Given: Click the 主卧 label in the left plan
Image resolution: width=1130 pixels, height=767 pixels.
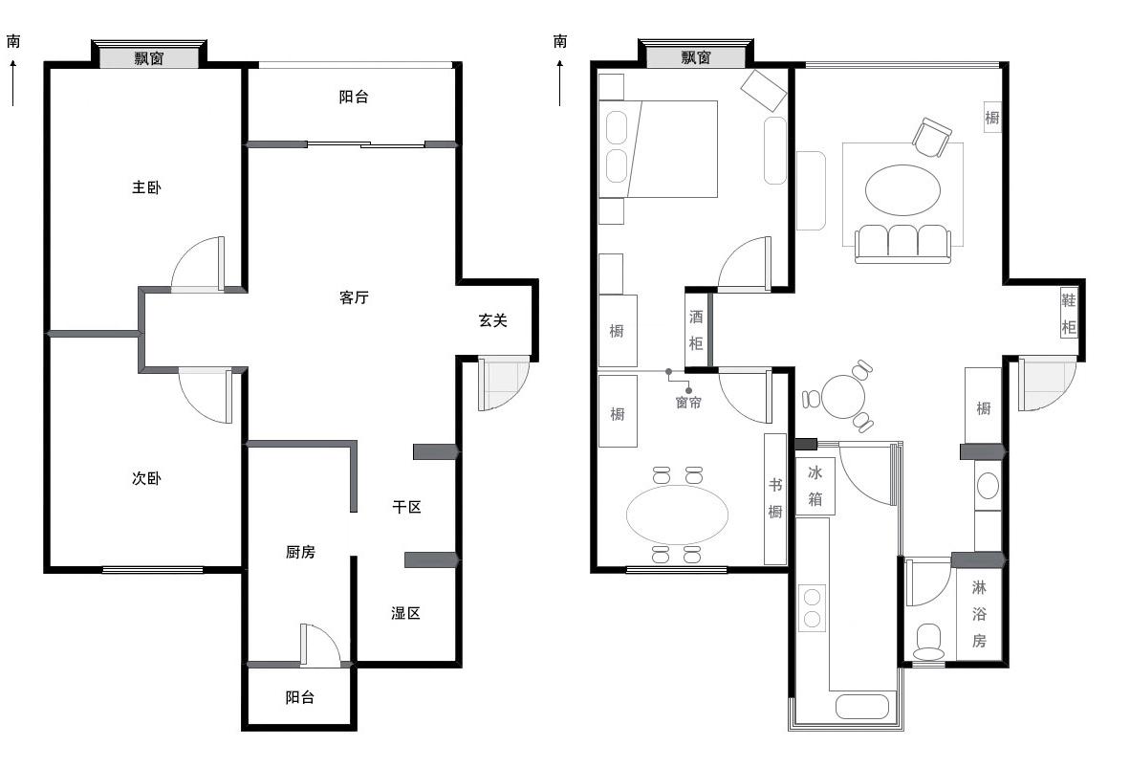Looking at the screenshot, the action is tap(146, 187).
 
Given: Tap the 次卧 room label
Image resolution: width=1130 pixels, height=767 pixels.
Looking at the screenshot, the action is tap(146, 478).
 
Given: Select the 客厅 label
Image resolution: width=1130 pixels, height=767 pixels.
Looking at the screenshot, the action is tap(354, 297).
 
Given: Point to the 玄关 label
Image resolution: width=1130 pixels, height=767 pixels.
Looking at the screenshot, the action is tap(493, 320).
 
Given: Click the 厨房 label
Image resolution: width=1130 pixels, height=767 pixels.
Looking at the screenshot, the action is tap(300, 552).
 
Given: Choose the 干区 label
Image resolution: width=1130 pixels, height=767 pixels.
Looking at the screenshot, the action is tap(406, 507).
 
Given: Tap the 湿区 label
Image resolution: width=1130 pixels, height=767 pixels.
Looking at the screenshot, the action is tap(405, 613).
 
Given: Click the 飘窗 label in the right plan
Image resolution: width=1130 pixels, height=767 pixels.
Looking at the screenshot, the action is tap(696, 57).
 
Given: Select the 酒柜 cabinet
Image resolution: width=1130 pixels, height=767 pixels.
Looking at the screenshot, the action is tap(695, 329).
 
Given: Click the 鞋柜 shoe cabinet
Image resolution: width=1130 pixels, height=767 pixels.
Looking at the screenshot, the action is tap(1069, 313).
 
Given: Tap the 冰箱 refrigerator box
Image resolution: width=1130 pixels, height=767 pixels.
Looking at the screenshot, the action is tap(815, 486).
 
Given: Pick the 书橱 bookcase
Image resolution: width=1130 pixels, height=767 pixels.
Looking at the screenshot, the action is tap(774, 499).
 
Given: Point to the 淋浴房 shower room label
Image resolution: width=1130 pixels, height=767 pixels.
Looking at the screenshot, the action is tap(979, 614).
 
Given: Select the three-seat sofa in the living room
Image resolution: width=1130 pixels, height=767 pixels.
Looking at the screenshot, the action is tap(903, 244).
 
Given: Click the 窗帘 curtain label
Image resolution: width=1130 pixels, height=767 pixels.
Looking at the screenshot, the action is tap(688, 403).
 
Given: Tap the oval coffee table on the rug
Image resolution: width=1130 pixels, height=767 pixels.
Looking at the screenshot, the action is tap(903, 189).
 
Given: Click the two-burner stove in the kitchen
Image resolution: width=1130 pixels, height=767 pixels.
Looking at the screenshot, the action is tap(813, 607).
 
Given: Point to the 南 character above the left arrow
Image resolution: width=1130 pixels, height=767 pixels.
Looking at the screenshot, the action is tap(13, 41).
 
